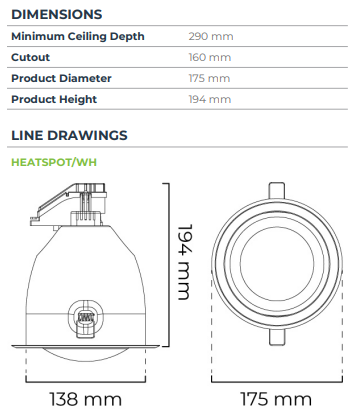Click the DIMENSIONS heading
click(x=57, y=14)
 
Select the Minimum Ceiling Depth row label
click(x=78, y=36)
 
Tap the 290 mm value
click(x=211, y=36)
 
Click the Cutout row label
click(x=31, y=57)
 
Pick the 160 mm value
click(x=210, y=57)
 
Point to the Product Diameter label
click(x=61, y=78)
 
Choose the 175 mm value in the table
click(x=209, y=78)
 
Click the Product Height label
click(x=54, y=99)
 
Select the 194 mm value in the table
click(x=210, y=99)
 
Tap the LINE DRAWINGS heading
click(x=69, y=135)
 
